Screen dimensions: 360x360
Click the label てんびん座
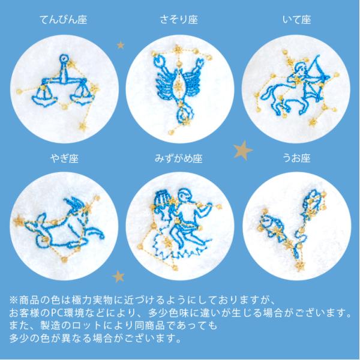[64, 20]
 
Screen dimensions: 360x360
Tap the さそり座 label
[179, 20]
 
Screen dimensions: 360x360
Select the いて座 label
[297, 20]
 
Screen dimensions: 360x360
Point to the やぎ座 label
[65, 158]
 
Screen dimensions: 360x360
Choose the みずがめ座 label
[179, 158]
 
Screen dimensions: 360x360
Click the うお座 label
[296, 158]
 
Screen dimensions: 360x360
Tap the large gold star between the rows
[243, 151]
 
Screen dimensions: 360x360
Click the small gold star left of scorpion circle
[121, 45]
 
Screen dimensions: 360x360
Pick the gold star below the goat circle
[118, 277]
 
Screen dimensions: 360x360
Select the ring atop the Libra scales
[64, 59]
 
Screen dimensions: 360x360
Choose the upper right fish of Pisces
[314, 201]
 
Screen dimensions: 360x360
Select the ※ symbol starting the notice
[14, 301]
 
